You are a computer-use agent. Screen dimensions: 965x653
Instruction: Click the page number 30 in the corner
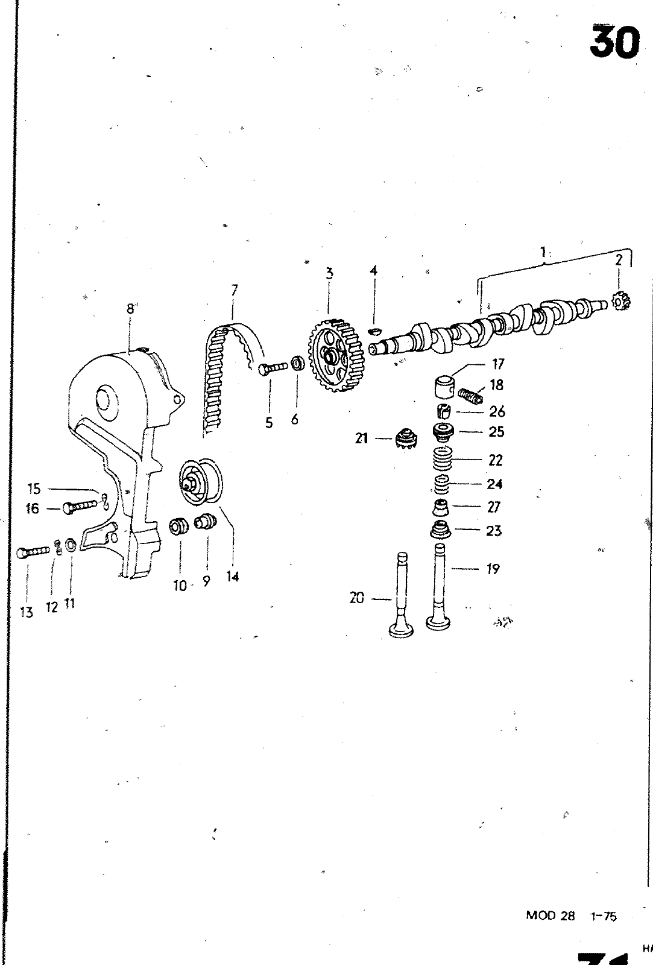click(x=614, y=43)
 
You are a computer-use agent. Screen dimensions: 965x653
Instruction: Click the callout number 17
click(x=498, y=364)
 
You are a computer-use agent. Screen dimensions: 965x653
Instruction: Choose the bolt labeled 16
click(x=79, y=508)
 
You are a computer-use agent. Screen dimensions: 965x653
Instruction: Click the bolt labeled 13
click(x=33, y=551)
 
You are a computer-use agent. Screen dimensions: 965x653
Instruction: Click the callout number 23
click(x=493, y=531)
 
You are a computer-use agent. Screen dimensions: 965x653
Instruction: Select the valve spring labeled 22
click(x=443, y=461)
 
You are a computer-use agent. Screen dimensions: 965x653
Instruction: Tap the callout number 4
click(x=373, y=271)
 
